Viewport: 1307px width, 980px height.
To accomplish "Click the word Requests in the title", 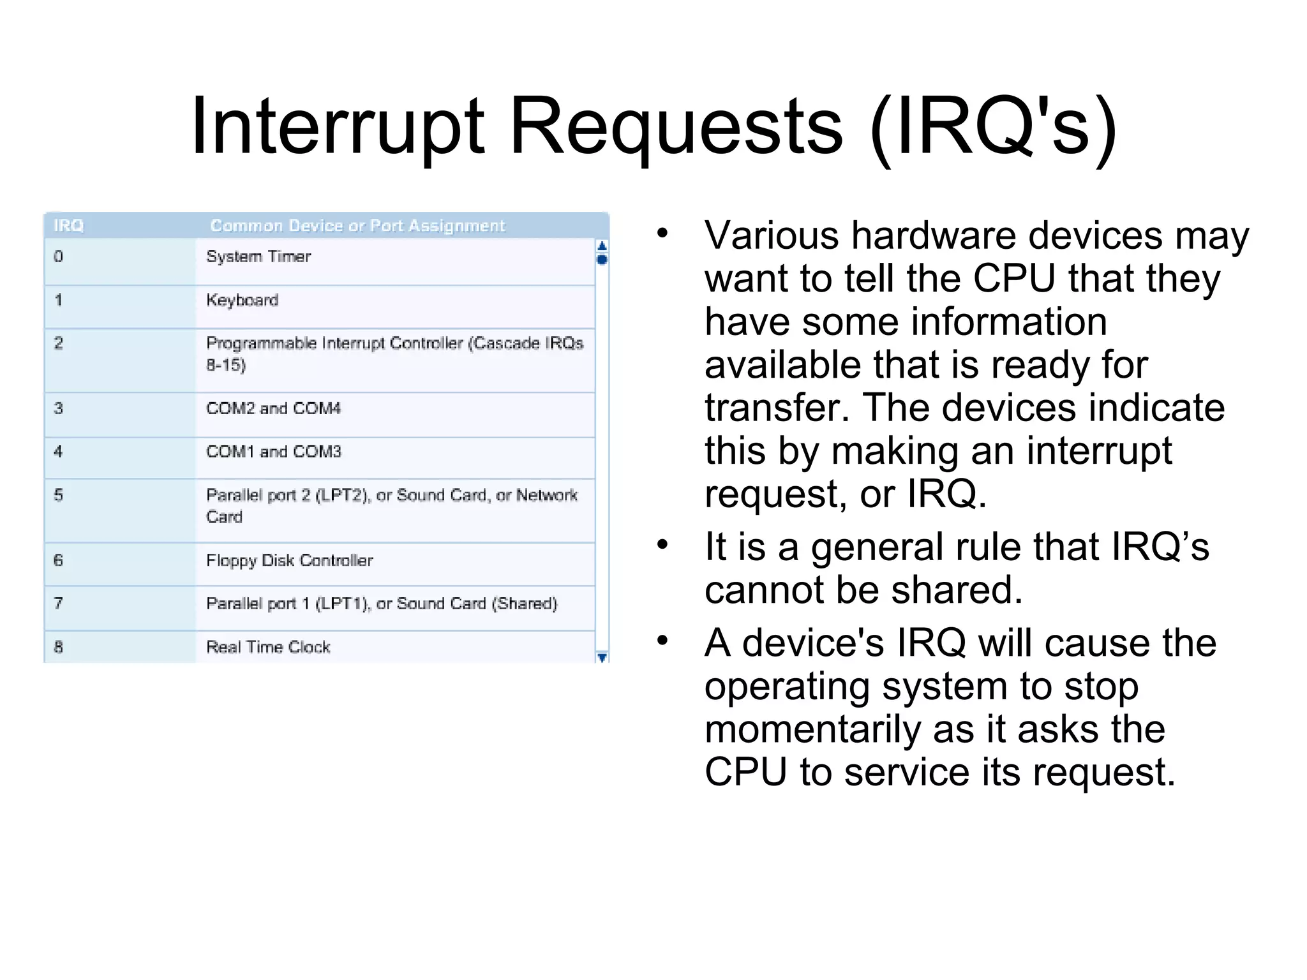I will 676,126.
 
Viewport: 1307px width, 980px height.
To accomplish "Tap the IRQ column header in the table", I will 68,226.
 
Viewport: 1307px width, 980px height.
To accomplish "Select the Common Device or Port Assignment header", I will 357,226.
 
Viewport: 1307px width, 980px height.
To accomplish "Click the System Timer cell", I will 258,256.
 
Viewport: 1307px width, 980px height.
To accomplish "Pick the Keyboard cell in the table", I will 243,300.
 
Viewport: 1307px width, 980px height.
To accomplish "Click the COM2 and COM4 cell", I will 273,408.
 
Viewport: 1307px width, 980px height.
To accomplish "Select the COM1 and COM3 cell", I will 273,452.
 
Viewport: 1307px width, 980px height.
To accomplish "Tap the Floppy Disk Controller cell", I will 289,560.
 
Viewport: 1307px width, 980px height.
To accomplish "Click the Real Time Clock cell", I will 268,647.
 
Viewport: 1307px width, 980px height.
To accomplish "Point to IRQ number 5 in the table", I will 58,496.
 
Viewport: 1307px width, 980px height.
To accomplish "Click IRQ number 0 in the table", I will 58,256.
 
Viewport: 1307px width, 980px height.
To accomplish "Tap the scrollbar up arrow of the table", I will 601,246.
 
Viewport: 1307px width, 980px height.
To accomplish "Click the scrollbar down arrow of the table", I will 601,657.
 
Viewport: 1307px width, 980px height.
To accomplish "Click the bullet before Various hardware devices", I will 662,233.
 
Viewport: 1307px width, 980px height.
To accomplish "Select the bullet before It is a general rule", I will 662,544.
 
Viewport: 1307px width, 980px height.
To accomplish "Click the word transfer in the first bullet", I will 776,408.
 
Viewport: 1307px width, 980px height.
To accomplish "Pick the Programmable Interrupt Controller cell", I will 394,343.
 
